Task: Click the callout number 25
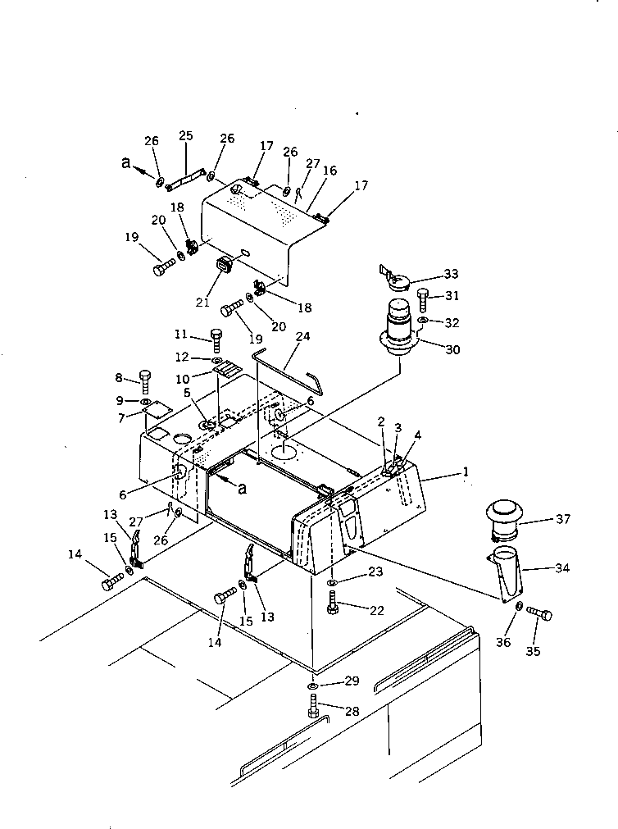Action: [x=185, y=135]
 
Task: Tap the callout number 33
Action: [x=450, y=274]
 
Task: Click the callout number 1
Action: [x=466, y=472]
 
